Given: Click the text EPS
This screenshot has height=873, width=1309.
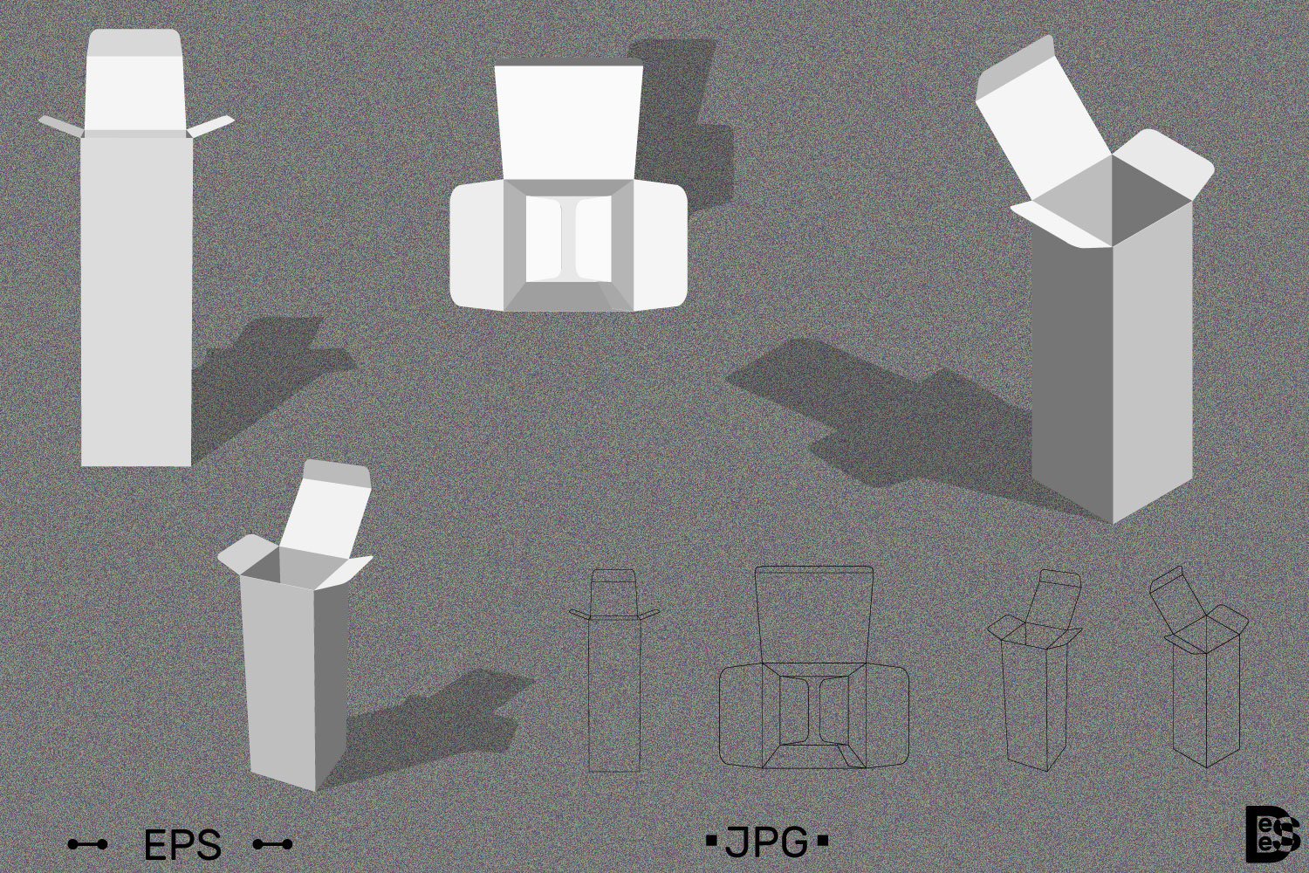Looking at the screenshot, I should [x=182, y=845].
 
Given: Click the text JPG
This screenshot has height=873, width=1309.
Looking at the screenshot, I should [x=766, y=842].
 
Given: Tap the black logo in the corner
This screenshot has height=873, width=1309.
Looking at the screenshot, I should [x=1272, y=833].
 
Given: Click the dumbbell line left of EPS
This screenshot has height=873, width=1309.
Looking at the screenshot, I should [x=87, y=844].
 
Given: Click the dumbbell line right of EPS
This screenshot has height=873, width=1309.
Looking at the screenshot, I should [x=272, y=844].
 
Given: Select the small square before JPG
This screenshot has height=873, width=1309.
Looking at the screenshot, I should [x=710, y=842].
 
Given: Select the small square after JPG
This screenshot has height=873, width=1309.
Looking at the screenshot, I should [x=821, y=842].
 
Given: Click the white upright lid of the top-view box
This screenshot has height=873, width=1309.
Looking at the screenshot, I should [x=569, y=122].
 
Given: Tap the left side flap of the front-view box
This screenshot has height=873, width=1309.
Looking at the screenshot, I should [x=59, y=126].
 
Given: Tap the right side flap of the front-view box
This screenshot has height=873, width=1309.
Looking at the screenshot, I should [x=212, y=126].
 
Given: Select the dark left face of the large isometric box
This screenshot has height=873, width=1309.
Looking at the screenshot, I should [x=1072, y=367].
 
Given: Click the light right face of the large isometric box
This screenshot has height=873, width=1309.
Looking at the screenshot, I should [x=1152, y=358].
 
